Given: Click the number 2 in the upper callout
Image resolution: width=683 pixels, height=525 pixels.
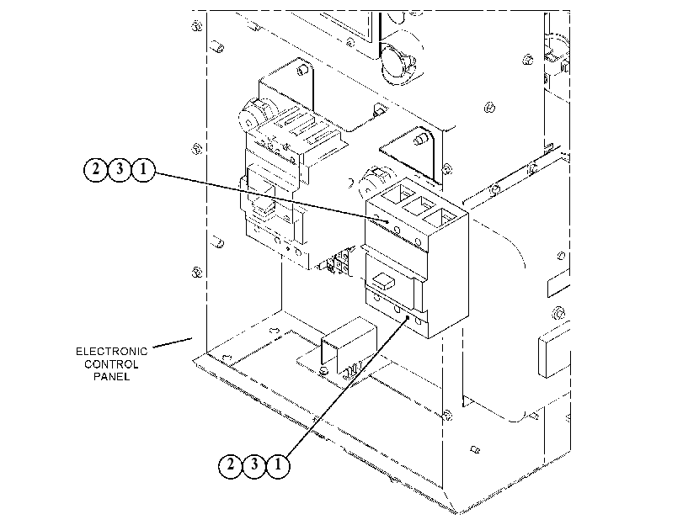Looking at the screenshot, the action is (96, 168).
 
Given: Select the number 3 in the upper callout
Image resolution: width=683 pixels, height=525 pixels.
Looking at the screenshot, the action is (120, 168).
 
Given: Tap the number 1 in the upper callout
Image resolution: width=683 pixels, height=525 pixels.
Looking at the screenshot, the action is (143, 168).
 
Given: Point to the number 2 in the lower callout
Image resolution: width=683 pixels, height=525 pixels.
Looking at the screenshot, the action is (231, 465).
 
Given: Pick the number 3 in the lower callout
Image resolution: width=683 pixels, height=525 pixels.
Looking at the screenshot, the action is (254, 465).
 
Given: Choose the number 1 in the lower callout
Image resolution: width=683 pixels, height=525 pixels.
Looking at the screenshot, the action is (278, 465).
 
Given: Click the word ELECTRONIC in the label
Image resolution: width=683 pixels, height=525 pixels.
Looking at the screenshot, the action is (112, 352).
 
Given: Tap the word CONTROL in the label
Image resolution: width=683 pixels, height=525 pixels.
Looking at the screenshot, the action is (111, 364).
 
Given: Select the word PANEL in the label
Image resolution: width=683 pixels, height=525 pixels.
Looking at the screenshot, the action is (112, 376).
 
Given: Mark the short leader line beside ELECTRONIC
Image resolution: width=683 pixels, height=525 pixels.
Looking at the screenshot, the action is (173, 342).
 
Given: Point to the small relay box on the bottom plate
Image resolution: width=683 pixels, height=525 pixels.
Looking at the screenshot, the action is (349, 344).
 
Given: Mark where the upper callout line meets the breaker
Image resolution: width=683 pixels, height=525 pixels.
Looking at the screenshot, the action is (387, 221).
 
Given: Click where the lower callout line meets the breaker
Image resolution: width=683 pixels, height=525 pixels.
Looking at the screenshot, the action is (408, 317).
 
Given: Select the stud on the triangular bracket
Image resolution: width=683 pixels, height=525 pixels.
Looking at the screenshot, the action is (421, 140).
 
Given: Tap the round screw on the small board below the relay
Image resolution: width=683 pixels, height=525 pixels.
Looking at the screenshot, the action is (323, 371).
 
